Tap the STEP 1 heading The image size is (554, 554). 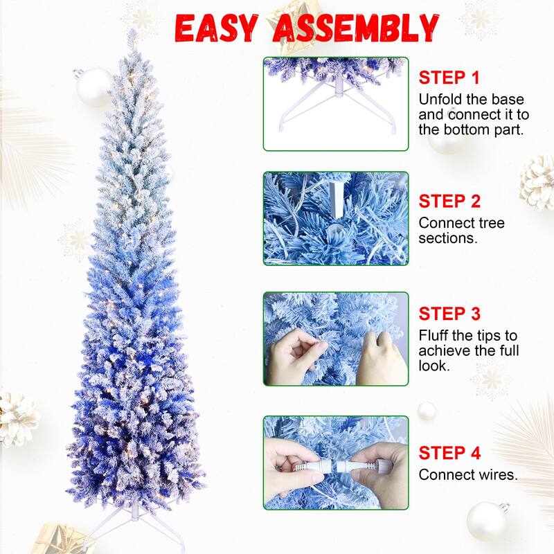pos(448,78)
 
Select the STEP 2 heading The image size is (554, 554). pos(449,202)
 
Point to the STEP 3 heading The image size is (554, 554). pos(449,314)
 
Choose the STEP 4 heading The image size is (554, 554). pos(449,454)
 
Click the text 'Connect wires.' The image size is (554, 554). pos(468,475)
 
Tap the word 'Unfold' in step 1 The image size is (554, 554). pos(441,99)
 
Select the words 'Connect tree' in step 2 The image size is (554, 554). pos(461,223)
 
